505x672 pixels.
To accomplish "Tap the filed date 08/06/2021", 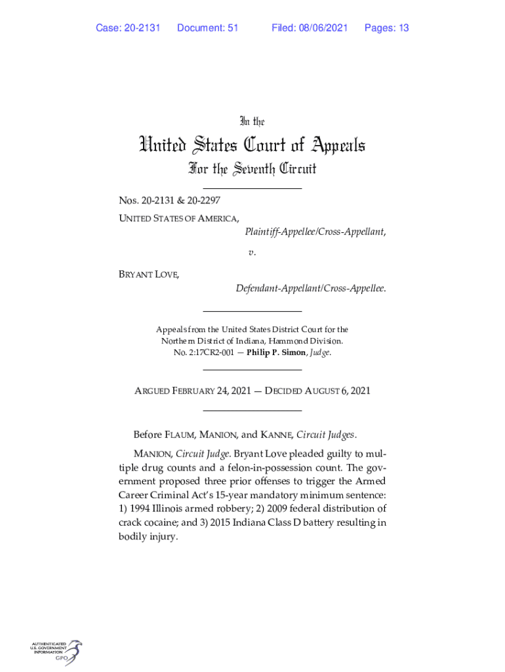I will point(321,28).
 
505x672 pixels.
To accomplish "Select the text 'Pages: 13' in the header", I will point(386,28).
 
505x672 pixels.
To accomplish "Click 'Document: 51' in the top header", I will point(207,28).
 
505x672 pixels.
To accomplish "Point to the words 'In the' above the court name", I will point(252,121).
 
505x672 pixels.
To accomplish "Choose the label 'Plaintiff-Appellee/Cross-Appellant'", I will point(315,232).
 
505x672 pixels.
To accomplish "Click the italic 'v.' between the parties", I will point(252,252).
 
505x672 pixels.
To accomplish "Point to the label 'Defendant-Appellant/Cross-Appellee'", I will point(310,288).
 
